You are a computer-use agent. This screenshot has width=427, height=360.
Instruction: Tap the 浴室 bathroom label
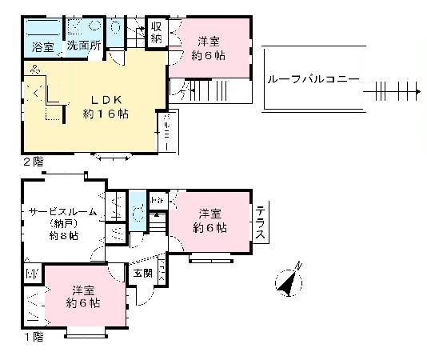(x=43, y=47)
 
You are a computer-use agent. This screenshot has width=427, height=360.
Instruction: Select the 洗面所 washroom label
(x=83, y=46)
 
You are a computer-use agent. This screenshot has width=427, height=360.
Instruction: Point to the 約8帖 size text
(x=64, y=236)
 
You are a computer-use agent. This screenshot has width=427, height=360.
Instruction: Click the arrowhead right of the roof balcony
(x=417, y=93)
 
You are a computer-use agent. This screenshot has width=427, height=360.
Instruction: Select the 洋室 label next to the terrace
(x=210, y=213)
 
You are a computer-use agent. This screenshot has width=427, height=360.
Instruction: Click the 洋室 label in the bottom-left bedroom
(x=84, y=290)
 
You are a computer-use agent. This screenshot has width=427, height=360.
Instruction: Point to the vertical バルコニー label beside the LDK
(x=166, y=127)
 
